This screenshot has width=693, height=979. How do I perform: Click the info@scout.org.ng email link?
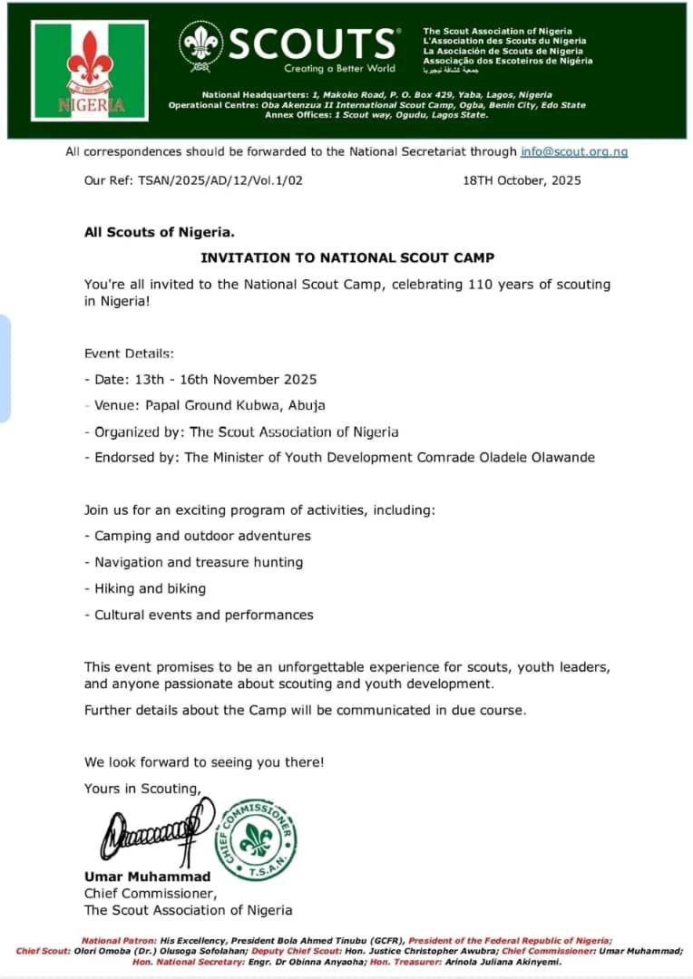click(574, 151)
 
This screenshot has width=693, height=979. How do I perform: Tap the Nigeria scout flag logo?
click(90, 71)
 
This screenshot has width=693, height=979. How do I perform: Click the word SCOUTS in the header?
click(312, 44)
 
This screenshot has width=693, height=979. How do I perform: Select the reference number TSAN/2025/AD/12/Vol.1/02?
click(220, 180)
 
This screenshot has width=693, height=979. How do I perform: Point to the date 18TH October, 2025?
click(522, 180)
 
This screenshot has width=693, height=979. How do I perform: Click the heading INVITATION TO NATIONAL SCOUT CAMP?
click(347, 257)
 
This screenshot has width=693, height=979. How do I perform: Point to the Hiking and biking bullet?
click(151, 588)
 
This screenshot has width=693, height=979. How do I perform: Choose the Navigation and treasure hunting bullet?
click(199, 562)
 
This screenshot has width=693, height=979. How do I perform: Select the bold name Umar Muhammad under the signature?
click(147, 877)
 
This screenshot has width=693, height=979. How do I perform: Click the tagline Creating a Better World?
click(339, 68)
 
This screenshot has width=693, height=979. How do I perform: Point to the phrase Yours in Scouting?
click(142, 789)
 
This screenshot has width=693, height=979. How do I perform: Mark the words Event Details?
click(130, 353)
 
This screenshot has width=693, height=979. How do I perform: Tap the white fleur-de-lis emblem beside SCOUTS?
click(199, 43)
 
